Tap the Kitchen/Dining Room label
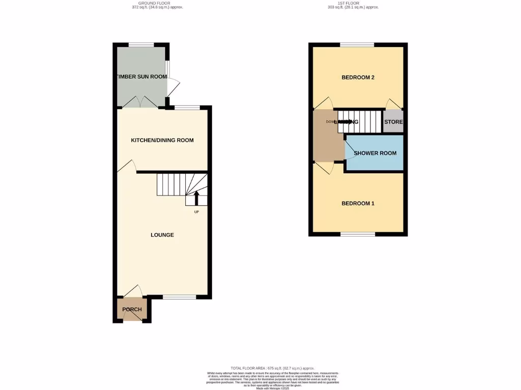coord(162,140)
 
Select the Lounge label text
coord(162,235)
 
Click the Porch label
coord(131,309)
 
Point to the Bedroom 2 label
coord(358,78)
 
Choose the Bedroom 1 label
coord(358,204)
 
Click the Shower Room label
coord(375,153)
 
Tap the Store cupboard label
coord(393,122)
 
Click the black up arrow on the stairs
coord(196,197)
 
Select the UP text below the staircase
coord(196,212)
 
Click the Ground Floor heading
coord(157,3)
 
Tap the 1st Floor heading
coord(354,3)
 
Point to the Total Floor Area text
coord(272,368)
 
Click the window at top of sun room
coord(141,44)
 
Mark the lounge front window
coord(180,297)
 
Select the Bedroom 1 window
coord(358,234)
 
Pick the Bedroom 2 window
coord(358,45)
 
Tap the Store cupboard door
coord(393,104)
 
